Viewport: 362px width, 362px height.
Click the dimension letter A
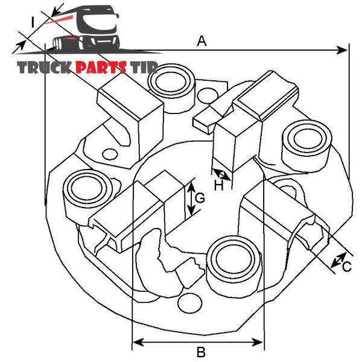coord(202,41)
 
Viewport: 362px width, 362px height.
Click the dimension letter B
coord(201,352)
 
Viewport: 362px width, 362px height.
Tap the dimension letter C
coord(347,267)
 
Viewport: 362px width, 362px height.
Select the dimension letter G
coord(200,198)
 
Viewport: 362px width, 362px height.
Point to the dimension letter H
coord(218,185)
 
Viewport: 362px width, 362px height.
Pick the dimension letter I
coord(33,22)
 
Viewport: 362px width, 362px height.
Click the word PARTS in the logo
coord(101,68)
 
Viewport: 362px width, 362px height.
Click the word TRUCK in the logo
coord(44,68)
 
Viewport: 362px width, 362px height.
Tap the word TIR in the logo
coord(144,68)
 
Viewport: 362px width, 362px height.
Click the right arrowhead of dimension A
coord(341,50)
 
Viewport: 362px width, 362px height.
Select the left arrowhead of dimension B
coord(138,342)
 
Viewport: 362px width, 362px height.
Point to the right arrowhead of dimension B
coord(257,342)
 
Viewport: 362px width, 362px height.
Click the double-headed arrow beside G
coord(191,198)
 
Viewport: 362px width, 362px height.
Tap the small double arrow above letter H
coord(221,174)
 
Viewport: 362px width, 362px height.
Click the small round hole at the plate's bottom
coord(190,303)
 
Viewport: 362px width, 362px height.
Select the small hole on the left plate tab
coord(110,154)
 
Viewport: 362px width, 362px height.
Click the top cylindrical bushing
coord(171,89)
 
